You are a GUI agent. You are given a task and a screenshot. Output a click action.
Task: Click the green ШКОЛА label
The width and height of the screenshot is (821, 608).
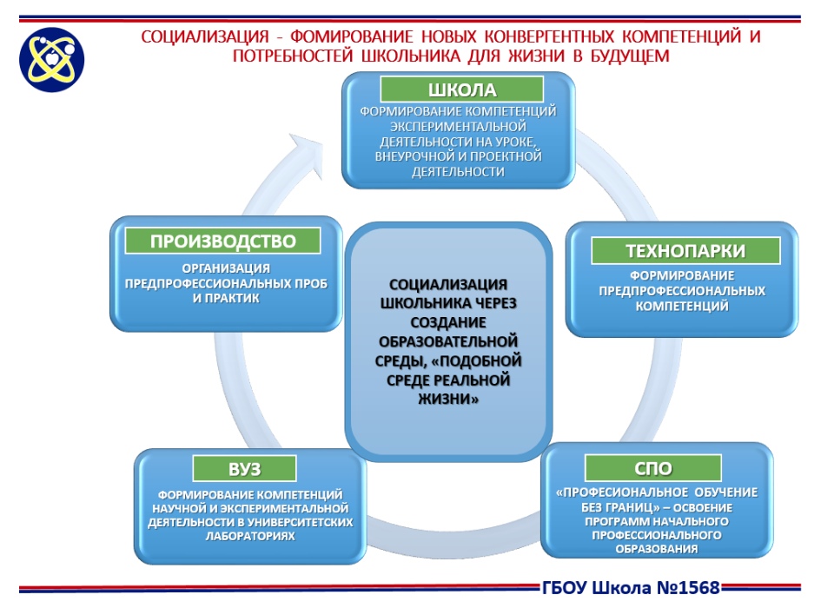pyautogui.click(x=462, y=89)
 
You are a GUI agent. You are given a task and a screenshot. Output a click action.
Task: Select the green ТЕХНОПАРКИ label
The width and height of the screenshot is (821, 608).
pyautogui.click(x=685, y=251)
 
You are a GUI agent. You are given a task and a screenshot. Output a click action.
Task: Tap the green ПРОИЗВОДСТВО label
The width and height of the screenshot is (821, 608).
pyautogui.click(x=223, y=241)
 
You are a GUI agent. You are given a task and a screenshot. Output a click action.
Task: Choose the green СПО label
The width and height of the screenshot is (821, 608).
pyautogui.click(x=653, y=468)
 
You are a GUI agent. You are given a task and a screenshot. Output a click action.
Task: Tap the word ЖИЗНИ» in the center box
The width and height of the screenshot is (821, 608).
pyautogui.click(x=448, y=400)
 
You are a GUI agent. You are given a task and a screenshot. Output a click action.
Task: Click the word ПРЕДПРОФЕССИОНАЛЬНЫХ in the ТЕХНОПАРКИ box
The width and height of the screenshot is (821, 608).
pyautogui.click(x=682, y=291)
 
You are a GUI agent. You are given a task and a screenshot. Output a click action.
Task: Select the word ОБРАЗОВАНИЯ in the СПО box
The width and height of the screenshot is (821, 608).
pyautogui.click(x=656, y=549)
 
